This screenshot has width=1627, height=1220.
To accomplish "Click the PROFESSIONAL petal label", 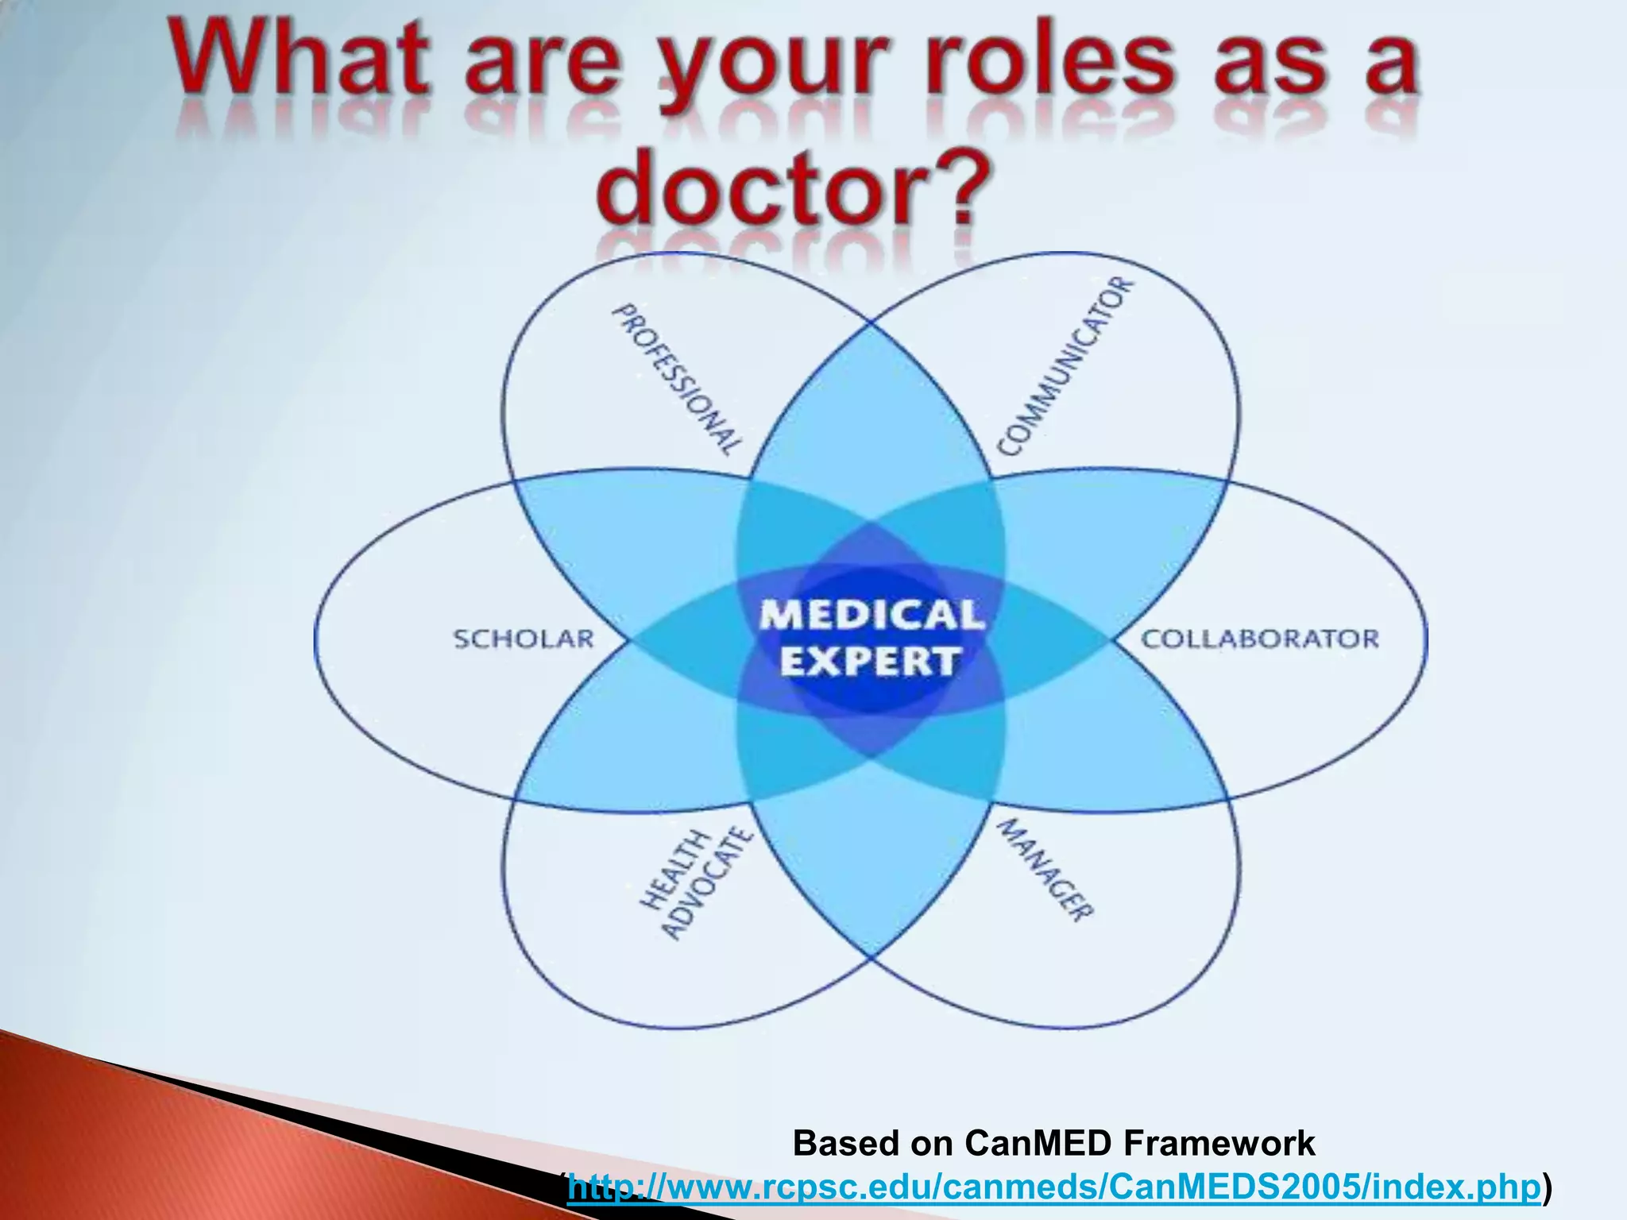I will (678, 379).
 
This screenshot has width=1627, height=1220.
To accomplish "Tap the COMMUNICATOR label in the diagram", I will (1065, 368).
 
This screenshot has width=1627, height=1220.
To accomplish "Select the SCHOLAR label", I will (524, 639).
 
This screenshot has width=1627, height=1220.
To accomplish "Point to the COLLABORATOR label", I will (1260, 639).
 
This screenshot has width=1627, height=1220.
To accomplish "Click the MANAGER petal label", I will (1045, 871).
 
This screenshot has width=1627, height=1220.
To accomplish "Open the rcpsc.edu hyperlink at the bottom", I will (1053, 1187).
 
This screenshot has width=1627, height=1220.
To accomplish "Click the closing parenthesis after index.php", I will (1546, 1187).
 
